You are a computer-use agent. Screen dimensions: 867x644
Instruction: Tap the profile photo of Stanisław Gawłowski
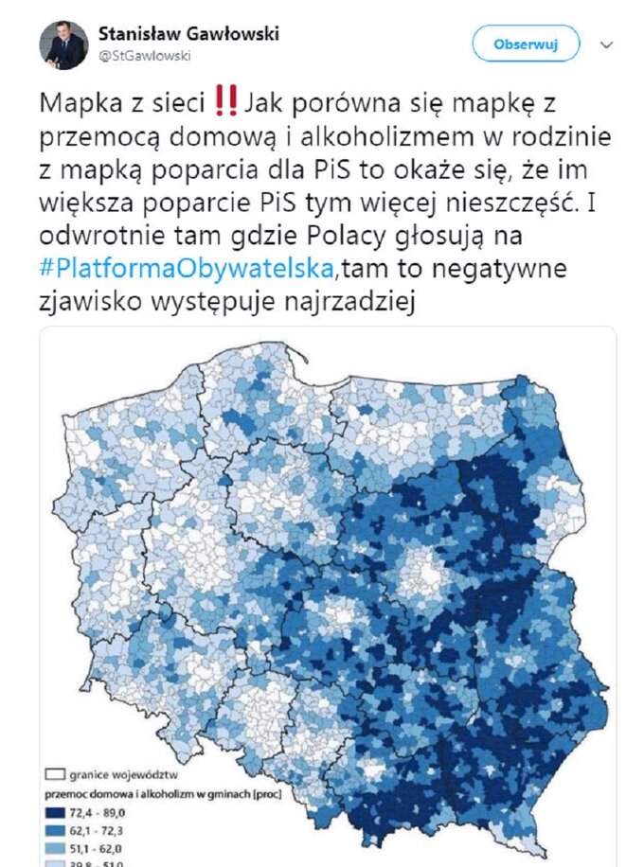pos(63,44)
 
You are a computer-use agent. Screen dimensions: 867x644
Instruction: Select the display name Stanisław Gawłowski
pos(188,34)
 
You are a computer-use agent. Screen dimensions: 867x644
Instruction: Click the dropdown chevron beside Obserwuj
pos(607,44)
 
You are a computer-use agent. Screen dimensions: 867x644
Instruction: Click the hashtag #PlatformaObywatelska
pos(187,270)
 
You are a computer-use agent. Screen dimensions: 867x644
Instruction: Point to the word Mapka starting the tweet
pos(77,100)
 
